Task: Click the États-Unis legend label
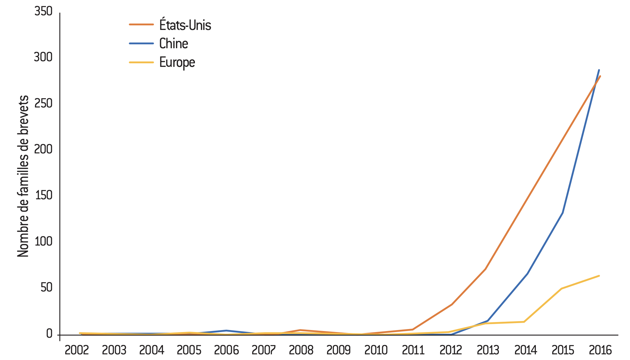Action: click(185, 25)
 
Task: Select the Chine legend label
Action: click(174, 44)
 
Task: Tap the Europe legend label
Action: click(177, 62)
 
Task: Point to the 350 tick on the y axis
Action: click(43, 11)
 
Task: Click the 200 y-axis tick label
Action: click(43, 149)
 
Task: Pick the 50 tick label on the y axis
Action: click(47, 287)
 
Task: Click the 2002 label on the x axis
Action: click(77, 350)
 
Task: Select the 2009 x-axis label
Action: click(339, 350)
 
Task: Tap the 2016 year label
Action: click(600, 350)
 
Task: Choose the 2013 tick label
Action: click(488, 350)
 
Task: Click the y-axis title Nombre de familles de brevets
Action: click(23, 176)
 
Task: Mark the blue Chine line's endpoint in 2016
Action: click(599, 70)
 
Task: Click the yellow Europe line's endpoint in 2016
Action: click(599, 276)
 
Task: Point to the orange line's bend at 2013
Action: click(486, 269)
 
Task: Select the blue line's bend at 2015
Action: click(562, 213)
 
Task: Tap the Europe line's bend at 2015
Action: click(561, 288)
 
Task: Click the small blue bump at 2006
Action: click(226, 330)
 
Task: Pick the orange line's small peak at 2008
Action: click(300, 330)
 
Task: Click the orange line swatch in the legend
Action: click(141, 25)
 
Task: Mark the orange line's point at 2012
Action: click(451, 304)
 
